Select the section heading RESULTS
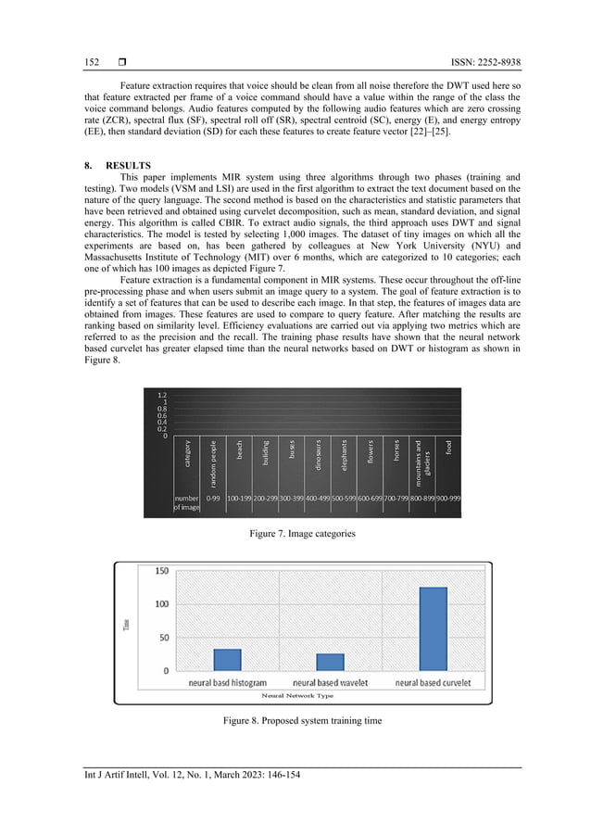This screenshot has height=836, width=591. coord(115,165)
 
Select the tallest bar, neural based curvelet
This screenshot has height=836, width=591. coord(433,628)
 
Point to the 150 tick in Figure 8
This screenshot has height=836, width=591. coord(161,572)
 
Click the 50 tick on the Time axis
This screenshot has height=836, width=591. coord(164,638)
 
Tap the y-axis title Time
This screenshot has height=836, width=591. coord(127,627)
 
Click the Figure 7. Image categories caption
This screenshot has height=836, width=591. coord(295,535)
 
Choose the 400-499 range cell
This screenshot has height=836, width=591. coord(319,498)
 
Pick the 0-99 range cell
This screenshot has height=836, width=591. coord(213,498)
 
